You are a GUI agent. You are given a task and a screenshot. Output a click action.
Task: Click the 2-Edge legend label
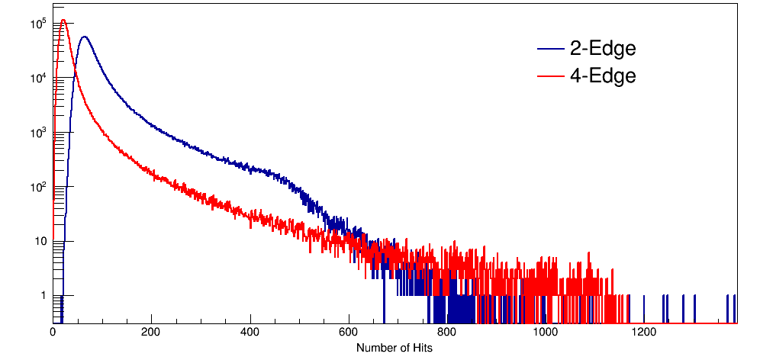coord(603,50)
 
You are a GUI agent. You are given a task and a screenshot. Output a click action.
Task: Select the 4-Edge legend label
coord(603,76)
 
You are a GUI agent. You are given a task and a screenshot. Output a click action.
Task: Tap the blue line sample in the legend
coord(550,50)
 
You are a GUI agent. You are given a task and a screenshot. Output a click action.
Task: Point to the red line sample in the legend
coord(550,76)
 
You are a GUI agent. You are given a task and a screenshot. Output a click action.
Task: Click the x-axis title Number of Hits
coord(394,348)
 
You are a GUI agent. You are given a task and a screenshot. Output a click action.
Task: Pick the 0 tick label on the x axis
coord(53,333)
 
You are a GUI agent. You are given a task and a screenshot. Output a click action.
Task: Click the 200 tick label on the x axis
coord(151,333)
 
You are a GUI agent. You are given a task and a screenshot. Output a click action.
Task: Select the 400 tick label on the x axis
coord(250,333)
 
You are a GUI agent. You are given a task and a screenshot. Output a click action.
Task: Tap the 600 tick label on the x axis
coord(349,333)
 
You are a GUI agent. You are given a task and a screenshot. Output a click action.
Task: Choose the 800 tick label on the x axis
coord(447,333)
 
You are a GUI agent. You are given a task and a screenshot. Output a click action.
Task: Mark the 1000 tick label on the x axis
coord(546,333)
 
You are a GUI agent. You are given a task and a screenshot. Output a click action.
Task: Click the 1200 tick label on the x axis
coord(644,333)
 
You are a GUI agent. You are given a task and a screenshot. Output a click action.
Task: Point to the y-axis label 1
coord(43,296)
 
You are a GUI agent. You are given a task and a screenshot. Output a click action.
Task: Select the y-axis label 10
coord(40,242)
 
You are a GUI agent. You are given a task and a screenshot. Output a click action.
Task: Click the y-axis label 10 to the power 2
coord(38,187)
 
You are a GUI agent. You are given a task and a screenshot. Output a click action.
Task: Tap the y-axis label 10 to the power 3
coord(38,133)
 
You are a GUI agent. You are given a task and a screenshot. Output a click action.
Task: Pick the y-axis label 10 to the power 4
coord(38,79)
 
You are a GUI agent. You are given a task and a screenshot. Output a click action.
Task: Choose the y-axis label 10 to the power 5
coord(38,24)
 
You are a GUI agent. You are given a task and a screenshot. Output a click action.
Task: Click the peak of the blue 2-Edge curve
coord(84,37)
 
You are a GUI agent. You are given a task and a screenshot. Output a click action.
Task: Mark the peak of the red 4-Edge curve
coord(63,21)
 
